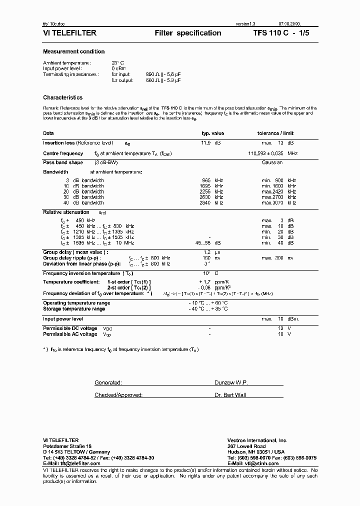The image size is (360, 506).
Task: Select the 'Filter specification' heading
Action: tap(188, 33)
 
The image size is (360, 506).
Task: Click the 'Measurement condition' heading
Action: tap(74, 51)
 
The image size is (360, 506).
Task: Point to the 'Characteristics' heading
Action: tap(63, 97)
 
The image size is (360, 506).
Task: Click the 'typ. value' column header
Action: tap(212, 133)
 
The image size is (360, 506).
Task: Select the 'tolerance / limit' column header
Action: tap(275, 133)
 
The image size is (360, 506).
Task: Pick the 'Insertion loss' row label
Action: tap(59, 143)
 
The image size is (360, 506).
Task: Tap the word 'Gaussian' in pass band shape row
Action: tap(272, 163)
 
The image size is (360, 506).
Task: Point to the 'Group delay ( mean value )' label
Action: tap(75, 253)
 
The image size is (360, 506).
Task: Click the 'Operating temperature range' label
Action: tap(76, 303)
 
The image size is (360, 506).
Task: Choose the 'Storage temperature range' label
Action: tap(74, 309)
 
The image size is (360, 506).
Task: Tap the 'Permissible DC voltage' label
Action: tap(70, 328)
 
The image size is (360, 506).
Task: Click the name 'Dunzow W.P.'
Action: tap(231, 382)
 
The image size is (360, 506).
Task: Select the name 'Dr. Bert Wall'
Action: tap(231, 395)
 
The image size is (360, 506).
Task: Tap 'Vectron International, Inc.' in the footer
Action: tap(257, 440)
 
